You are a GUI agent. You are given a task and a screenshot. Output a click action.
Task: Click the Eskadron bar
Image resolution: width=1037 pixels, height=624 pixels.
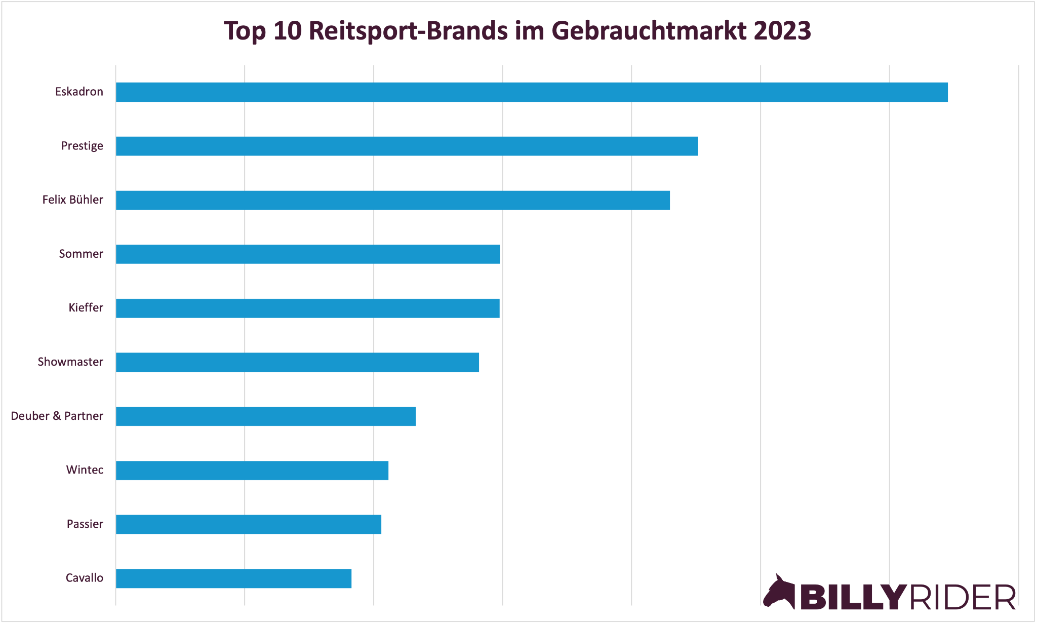pos(532,92)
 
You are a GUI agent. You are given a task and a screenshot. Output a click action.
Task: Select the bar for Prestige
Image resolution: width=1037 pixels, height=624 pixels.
pos(407,146)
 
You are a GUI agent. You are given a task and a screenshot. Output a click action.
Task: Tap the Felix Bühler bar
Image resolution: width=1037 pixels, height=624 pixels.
pos(393,200)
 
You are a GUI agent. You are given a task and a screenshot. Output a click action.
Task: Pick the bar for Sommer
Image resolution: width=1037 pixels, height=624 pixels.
pos(308,254)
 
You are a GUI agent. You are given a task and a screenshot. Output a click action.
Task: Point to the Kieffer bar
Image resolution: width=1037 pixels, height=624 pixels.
pos(308,308)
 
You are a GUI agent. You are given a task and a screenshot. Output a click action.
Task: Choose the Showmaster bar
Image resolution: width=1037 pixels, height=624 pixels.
pos(297,362)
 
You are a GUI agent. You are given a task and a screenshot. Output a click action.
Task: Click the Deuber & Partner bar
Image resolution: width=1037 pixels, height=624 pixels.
pos(266,416)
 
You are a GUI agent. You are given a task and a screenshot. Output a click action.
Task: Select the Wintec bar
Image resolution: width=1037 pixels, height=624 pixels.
pos(252,470)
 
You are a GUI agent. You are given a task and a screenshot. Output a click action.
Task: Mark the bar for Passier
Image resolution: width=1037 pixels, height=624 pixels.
pos(249,524)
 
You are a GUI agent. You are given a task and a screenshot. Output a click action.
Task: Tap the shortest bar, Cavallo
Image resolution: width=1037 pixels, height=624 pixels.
pos(233,578)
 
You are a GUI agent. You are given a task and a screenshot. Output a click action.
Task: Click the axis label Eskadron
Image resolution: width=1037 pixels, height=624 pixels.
pos(79,92)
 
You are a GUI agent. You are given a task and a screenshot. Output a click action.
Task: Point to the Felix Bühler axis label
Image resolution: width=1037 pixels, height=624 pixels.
pos(72,200)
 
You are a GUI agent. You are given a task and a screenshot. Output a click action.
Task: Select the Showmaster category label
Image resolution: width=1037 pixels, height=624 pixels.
pos(70,362)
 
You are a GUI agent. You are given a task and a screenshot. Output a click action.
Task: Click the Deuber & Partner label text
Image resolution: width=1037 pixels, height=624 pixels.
pos(57,416)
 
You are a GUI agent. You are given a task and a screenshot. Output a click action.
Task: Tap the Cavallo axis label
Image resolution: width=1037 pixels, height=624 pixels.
pos(84,578)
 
